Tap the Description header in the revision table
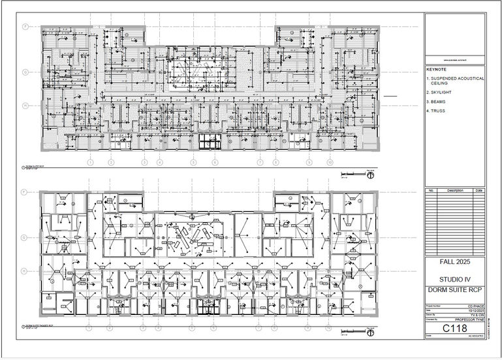click(455, 190)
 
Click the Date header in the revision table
click(479, 190)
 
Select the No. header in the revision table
click(431, 190)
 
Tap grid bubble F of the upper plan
click(25, 27)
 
